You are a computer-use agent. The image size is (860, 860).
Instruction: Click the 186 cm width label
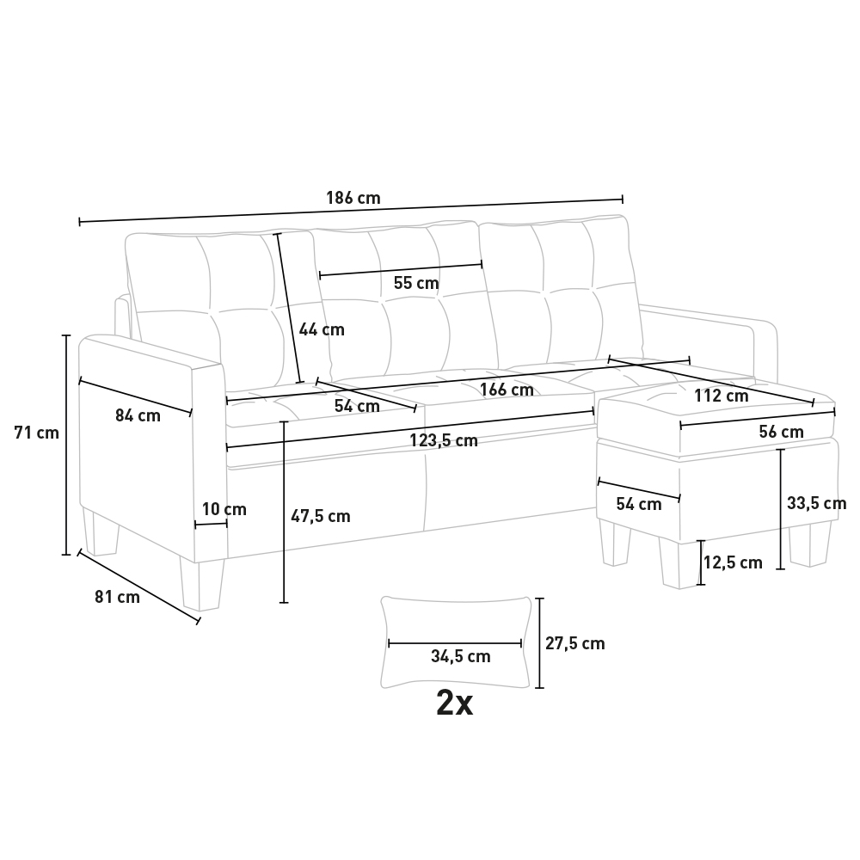(x=353, y=198)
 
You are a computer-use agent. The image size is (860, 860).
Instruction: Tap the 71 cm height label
(x=37, y=433)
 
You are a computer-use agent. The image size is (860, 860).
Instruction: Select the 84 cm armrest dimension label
(x=138, y=415)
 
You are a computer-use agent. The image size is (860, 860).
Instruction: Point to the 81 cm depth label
(x=117, y=597)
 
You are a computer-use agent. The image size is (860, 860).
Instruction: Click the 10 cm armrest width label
(x=224, y=509)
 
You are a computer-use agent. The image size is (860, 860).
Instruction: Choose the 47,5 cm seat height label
(x=320, y=516)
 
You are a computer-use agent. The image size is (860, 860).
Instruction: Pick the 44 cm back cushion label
(x=322, y=329)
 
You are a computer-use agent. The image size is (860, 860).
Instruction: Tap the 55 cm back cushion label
(x=416, y=283)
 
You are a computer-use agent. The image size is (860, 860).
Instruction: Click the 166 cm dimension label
(x=507, y=390)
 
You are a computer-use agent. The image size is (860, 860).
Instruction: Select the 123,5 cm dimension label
(x=443, y=441)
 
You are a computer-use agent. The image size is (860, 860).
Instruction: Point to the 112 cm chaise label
(x=721, y=396)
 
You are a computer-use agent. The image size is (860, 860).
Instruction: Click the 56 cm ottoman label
(x=781, y=432)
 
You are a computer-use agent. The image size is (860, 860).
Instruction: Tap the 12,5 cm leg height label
(x=733, y=563)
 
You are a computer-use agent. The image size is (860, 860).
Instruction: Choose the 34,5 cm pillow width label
(x=460, y=656)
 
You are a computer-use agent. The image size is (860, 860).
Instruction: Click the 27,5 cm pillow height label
(x=575, y=643)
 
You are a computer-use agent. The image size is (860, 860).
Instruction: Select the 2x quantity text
(x=454, y=703)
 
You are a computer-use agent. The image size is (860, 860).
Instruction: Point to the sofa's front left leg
(x=200, y=585)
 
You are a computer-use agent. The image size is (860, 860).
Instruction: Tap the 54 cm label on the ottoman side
(x=639, y=505)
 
